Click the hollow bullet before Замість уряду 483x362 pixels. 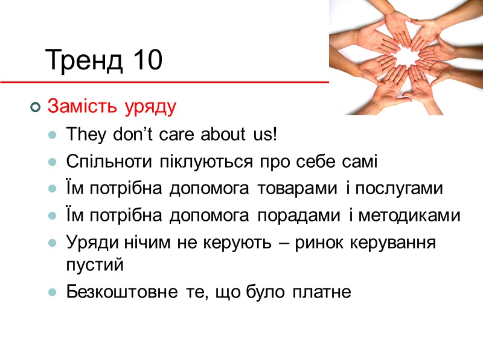pyautogui.click(x=34, y=108)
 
